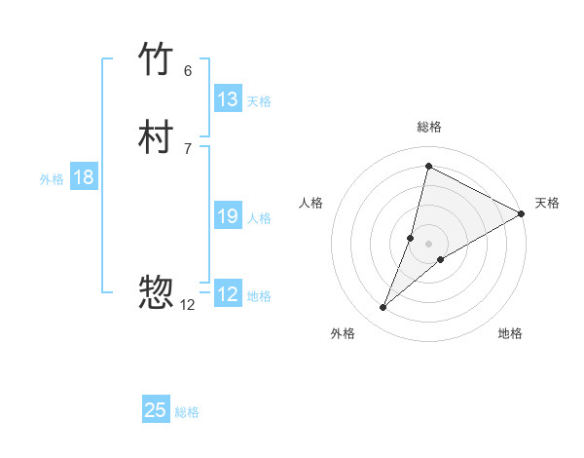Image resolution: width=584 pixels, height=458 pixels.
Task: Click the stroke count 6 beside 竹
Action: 188,71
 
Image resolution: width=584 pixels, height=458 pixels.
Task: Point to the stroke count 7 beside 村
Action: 188,148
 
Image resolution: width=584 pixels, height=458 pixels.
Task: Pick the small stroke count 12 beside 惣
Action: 188,305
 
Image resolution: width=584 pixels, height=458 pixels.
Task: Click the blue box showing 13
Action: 228,99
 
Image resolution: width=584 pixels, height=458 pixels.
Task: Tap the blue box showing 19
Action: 228,216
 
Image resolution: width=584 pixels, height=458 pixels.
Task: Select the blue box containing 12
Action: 228,294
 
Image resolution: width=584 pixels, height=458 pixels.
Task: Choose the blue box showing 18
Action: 84,177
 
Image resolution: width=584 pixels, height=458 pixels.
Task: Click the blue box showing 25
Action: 156,410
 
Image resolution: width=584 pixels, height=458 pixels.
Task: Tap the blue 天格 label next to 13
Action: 259,101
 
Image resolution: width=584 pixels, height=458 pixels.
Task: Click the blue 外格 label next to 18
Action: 52,179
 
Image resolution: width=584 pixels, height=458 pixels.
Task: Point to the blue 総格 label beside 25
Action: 187,412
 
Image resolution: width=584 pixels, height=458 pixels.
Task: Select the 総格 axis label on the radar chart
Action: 429,127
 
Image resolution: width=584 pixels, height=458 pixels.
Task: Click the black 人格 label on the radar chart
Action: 311,203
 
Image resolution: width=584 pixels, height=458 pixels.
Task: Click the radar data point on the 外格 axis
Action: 383,308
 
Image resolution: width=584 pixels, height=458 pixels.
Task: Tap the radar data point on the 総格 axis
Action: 428,167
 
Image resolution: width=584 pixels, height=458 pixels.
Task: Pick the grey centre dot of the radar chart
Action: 429,244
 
